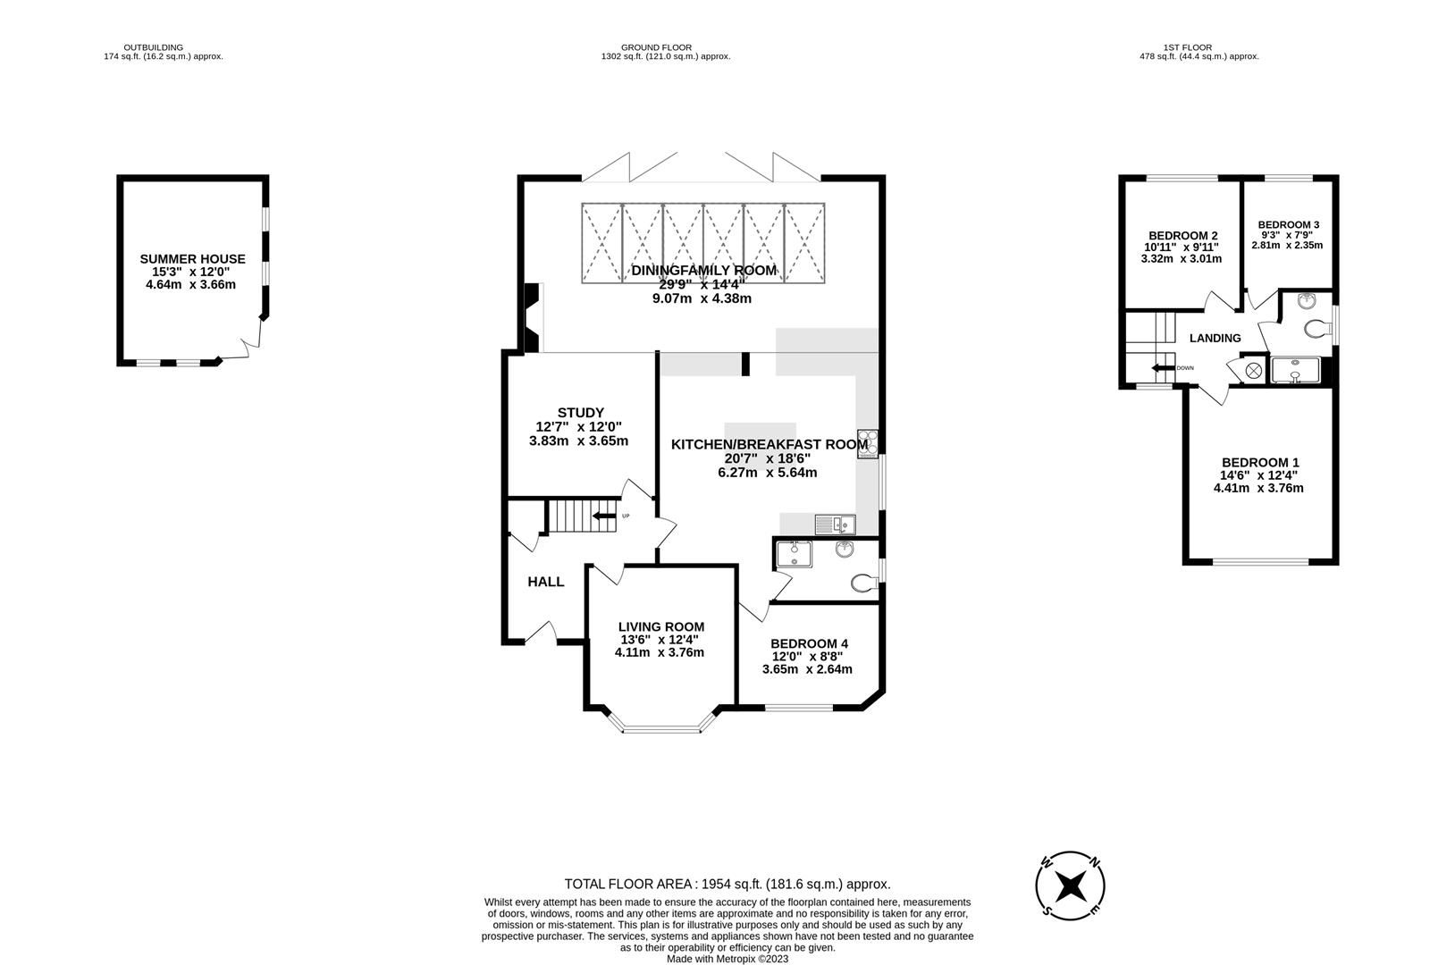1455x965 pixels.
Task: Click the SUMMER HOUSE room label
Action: click(192, 259)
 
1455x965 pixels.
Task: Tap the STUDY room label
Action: click(581, 413)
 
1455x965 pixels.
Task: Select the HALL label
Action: click(545, 582)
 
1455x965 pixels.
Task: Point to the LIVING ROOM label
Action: click(661, 627)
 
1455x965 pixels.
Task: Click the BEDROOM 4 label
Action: click(809, 643)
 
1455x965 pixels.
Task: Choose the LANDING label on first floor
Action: click(1215, 338)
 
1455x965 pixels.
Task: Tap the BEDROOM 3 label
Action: click(1288, 225)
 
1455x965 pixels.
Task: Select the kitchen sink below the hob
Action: click(836, 524)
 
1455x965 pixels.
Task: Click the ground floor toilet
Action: click(863, 583)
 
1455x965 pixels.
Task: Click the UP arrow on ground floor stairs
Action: click(607, 516)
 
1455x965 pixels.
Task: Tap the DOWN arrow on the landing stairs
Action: click(1163, 368)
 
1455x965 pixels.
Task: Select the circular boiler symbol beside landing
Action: click(1253, 369)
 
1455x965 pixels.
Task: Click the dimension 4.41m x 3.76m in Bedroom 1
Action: click(1257, 488)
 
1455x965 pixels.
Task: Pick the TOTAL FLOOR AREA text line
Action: click(727, 884)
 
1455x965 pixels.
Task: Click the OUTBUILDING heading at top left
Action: click(154, 47)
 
